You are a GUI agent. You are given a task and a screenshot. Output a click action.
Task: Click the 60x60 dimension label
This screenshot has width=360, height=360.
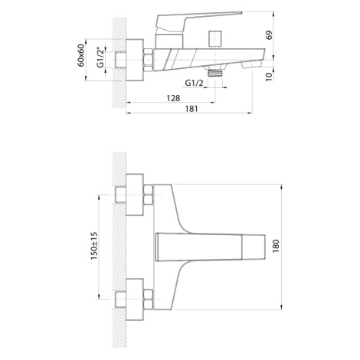[x=81, y=55]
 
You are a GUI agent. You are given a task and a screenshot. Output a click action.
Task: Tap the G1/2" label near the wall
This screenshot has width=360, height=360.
[x=101, y=57]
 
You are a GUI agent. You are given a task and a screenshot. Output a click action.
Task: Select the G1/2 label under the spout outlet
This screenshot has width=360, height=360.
[x=194, y=83]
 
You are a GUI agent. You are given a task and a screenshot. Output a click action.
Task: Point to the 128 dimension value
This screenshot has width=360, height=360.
[x=173, y=98]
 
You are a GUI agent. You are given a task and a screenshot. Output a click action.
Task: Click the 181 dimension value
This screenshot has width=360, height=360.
[x=191, y=109]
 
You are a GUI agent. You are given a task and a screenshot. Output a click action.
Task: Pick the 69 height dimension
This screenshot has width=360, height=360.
[x=269, y=35]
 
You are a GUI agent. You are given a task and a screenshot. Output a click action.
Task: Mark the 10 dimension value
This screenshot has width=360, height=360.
[x=269, y=77]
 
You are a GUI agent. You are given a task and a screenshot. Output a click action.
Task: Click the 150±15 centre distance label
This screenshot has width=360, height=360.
[x=94, y=246]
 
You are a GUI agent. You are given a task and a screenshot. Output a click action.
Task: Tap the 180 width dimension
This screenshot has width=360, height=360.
[x=276, y=246]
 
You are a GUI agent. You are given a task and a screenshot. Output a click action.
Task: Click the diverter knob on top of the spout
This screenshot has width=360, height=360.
[x=215, y=39]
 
